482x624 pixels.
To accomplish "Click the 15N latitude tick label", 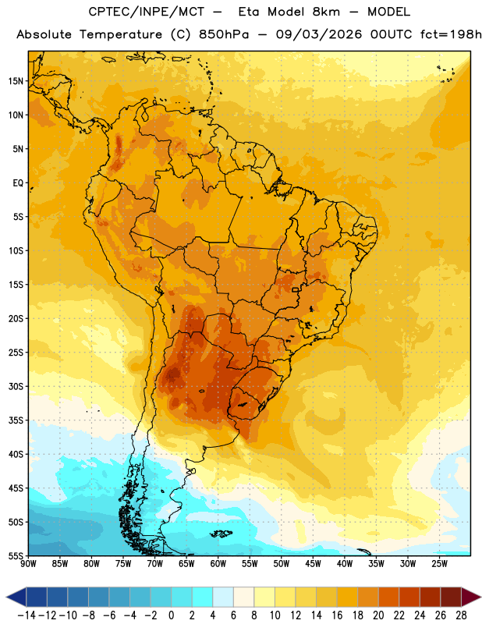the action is (16, 81).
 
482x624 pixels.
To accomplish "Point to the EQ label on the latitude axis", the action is (18, 183).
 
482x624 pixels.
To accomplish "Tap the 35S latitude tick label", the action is (16, 420).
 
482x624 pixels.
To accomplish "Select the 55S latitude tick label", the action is (16, 555).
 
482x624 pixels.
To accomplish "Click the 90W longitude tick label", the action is (29, 563).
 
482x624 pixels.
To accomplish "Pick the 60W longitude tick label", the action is (218, 563).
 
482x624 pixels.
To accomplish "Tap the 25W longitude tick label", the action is (439, 563).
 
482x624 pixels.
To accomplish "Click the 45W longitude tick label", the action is (313, 563).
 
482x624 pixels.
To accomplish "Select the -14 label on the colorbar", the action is (27, 615).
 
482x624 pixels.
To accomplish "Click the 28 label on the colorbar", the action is (461, 615).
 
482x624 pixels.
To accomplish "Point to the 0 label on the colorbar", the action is (171, 615).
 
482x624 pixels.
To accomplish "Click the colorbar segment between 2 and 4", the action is (202, 597).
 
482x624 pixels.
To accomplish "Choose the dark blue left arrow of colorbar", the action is (16, 597).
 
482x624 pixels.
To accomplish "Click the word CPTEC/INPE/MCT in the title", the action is (147, 12).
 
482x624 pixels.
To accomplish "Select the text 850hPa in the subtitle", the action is (224, 34).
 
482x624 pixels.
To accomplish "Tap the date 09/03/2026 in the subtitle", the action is (319, 34).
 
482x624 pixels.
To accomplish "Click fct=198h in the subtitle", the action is (451, 34).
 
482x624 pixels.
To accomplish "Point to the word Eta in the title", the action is (249, 12).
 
